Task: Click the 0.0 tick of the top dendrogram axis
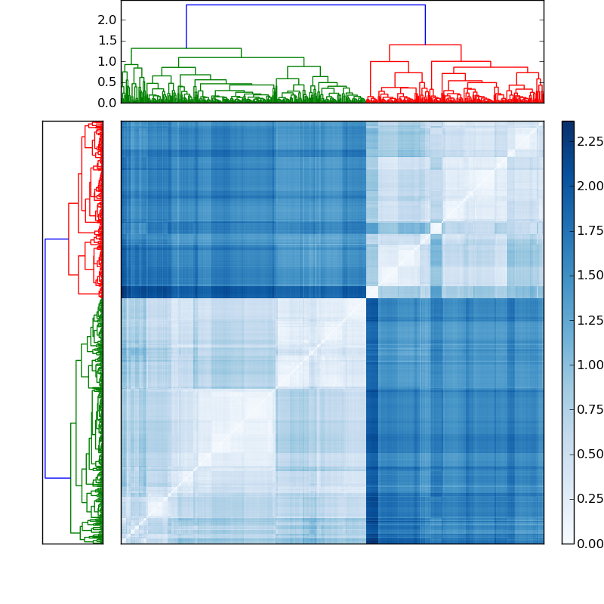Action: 106,103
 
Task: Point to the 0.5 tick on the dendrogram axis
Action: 106,82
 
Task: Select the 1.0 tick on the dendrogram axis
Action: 106,61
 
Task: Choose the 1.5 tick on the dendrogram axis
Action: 106,40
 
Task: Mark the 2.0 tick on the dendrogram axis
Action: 106,20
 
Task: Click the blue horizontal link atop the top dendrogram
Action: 306,5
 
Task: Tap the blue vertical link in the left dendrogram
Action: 45,359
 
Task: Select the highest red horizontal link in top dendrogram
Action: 425,45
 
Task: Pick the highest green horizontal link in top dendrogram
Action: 186,48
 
